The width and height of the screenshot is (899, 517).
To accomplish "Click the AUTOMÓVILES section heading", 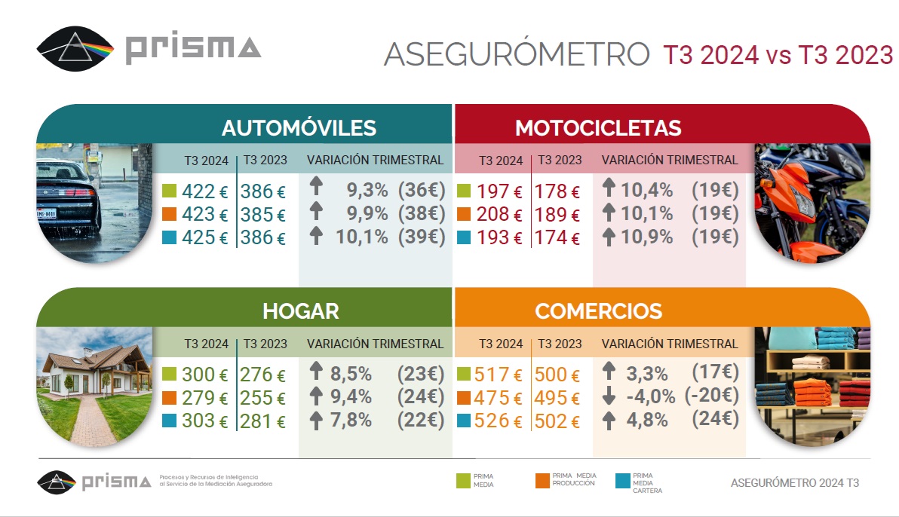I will (299, 127).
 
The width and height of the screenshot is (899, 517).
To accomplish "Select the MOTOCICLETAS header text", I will (598, 128).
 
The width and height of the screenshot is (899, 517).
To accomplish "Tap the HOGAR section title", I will (300, 311).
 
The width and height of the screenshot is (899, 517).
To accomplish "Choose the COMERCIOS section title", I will (598, 311).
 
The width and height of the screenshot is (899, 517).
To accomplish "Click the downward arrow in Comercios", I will (609, 396).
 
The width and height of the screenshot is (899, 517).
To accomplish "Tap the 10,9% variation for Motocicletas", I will (646, 237).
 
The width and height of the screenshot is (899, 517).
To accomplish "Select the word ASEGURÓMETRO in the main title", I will (516, 54).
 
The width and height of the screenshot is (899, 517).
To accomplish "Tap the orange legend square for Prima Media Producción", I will (542, 480).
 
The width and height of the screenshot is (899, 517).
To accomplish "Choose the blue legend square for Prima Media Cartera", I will (622, 480).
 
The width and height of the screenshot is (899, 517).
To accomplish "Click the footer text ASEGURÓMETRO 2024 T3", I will (795, 483).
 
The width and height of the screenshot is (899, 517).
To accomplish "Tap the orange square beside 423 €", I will (168, 214).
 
